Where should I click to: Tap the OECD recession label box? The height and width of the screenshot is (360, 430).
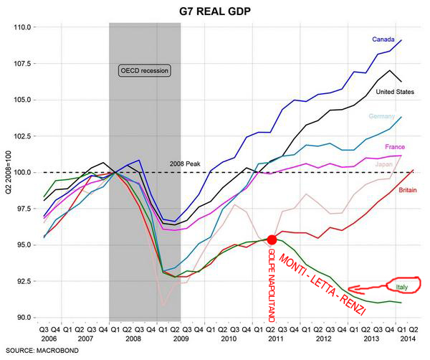click(144, 70)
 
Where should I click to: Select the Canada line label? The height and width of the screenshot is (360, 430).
click(383, 39)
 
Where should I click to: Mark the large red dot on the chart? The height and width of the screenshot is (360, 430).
click(272, 239)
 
